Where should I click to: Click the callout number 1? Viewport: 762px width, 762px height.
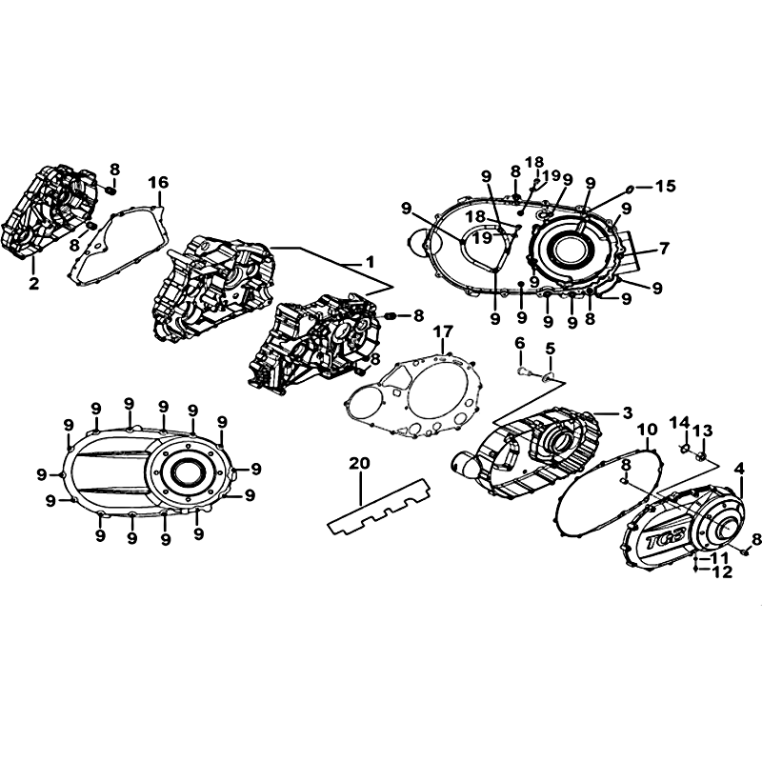371,263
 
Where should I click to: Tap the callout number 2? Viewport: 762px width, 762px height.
33,283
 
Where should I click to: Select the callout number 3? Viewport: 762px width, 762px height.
628,413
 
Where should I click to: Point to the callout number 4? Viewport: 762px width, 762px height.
739,469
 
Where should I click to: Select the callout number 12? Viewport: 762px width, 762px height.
723,572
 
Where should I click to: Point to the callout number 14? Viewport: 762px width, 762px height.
680,423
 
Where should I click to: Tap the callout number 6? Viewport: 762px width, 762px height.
520,344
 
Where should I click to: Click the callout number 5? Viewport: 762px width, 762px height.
551,349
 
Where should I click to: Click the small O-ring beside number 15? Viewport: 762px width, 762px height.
630,188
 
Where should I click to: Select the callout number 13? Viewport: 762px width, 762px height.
703,431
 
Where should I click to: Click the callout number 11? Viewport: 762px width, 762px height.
720,557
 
